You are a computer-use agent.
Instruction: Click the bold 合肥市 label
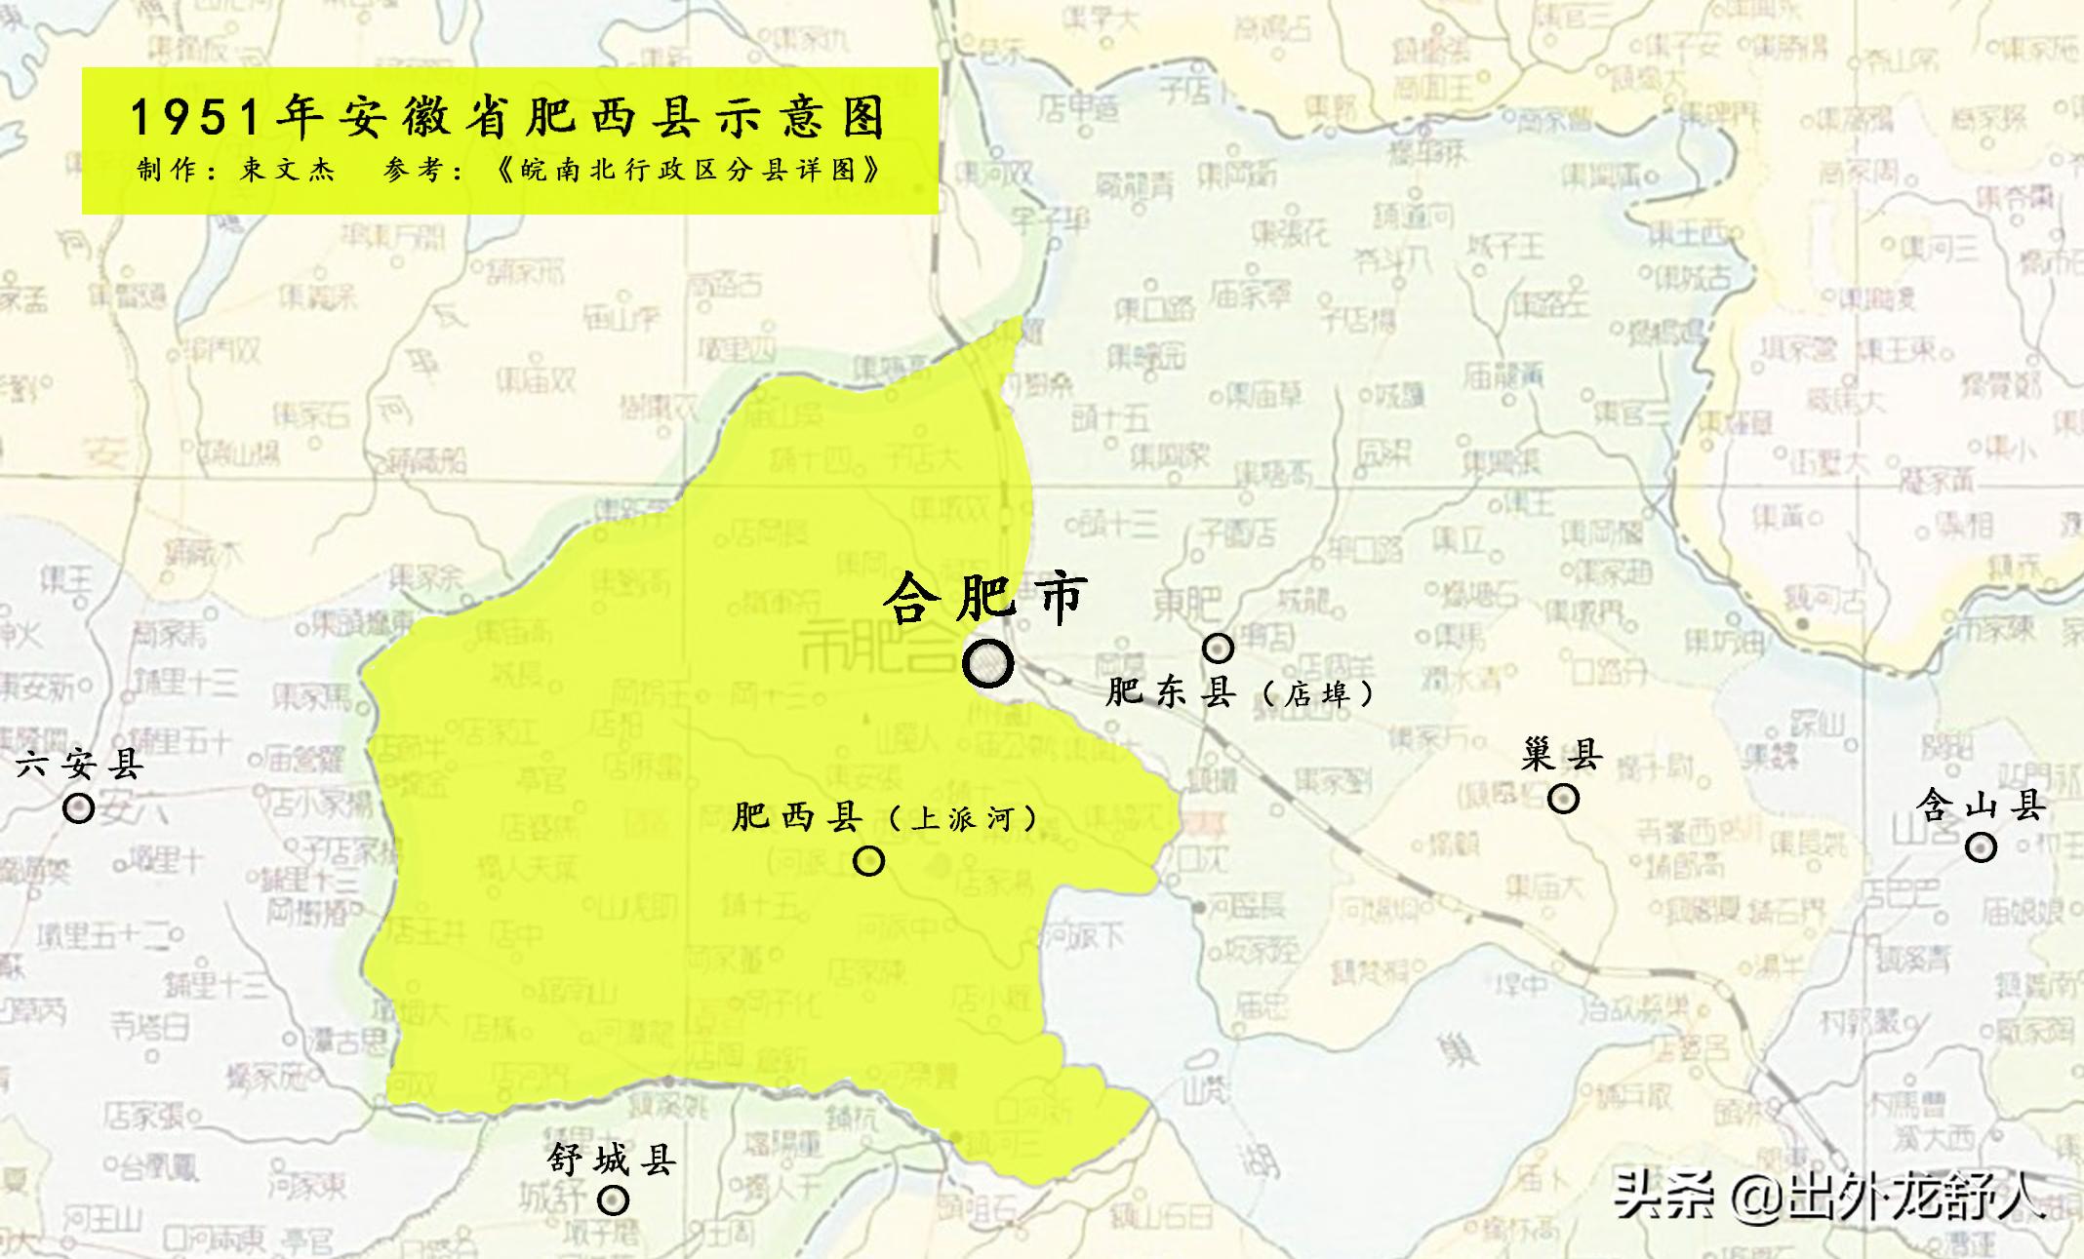pos(985,598)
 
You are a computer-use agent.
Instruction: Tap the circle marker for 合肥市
pos(987,664)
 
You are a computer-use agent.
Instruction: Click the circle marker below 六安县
pos(79,808)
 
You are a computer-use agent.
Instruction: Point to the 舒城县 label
pos(612,1160)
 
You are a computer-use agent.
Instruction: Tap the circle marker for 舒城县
pos(613,1200)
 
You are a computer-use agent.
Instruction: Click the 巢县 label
pos(1562,754)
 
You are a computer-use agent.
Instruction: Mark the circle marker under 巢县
pos(1563,800)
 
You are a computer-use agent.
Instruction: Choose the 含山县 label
pos(1981,806)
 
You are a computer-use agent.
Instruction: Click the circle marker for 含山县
pos(1981,847)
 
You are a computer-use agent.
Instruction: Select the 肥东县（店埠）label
pos(1240,692)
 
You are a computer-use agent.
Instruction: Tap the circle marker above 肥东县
pos(1218,648)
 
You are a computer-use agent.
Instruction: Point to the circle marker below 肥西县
pos(868,861)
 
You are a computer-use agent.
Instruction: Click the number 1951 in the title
pos(195,119)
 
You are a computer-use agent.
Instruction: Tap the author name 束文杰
pos(288,171)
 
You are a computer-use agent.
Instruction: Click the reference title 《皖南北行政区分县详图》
pos(689,171)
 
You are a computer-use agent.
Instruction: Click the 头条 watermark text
pos(1664,1196)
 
